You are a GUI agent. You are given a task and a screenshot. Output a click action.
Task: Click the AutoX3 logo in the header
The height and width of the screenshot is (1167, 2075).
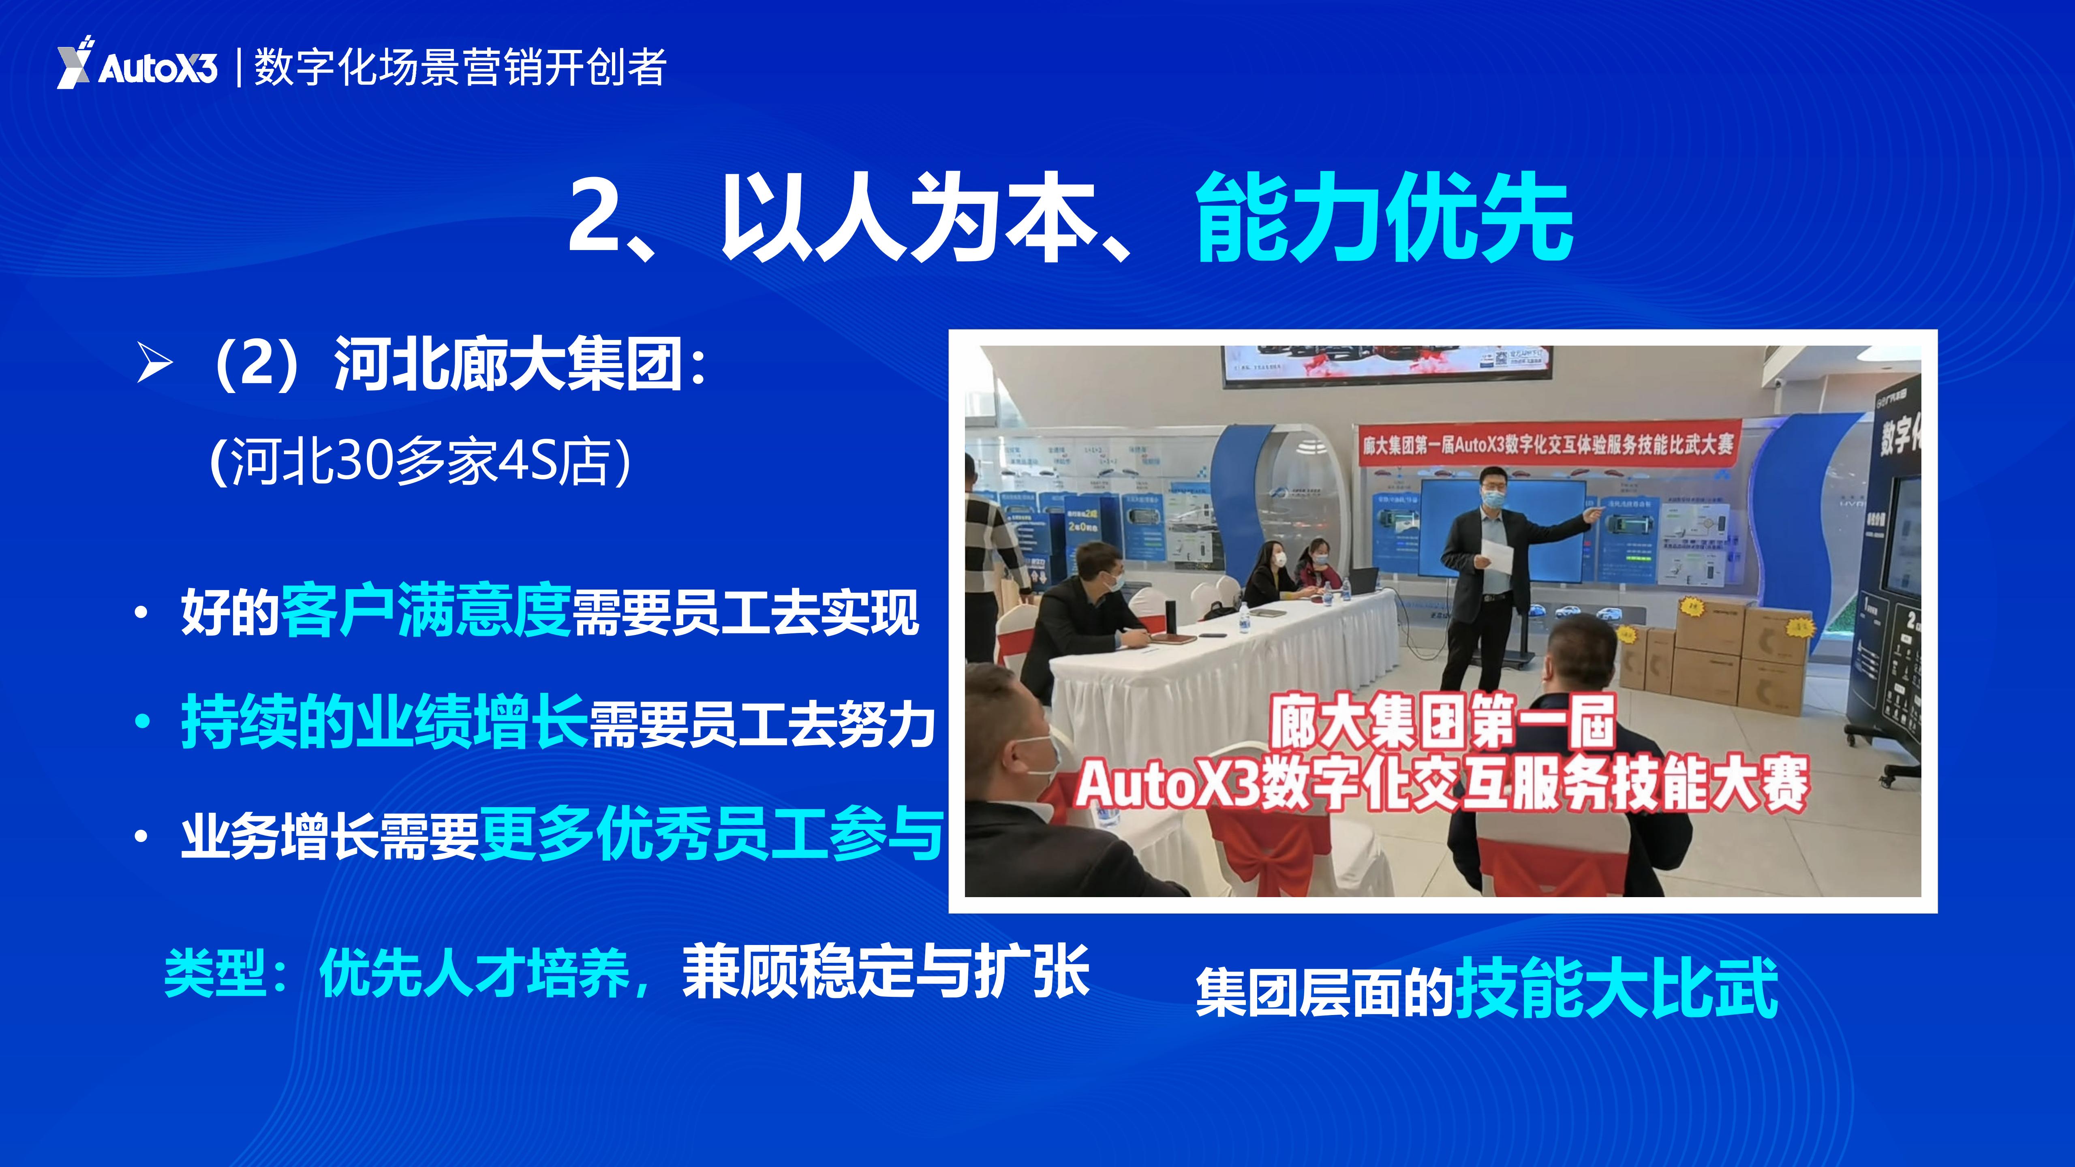[137, 64]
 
